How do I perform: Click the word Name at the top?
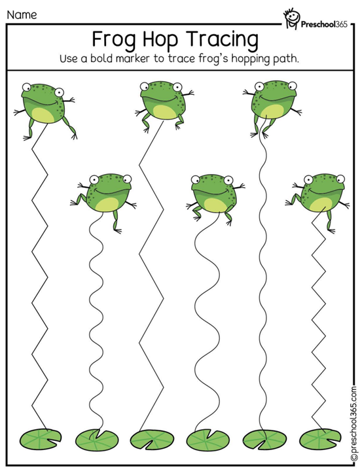click(22, 14)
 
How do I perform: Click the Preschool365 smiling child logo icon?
click(291, 20)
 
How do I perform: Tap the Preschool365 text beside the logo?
click(324, 24)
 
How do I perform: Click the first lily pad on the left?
click(41, 439)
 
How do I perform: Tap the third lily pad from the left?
click(151, 440)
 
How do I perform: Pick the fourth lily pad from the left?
click(207, 440)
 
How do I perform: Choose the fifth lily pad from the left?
click(264, 440)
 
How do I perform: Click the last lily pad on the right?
click(321, 439)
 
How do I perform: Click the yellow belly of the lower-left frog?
click(103, 205)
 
